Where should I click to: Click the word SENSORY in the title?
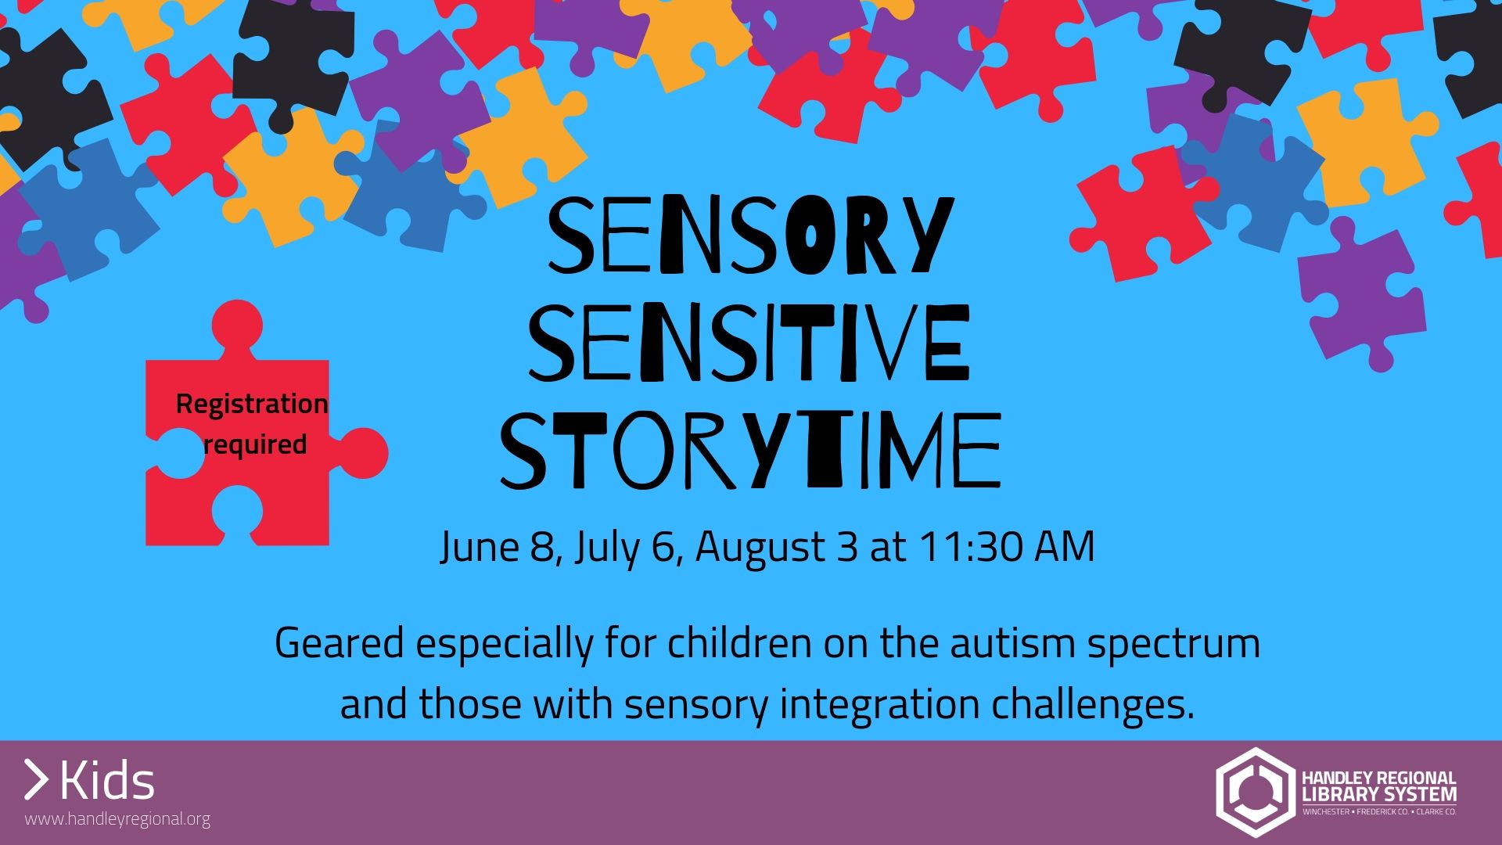click(749, 235)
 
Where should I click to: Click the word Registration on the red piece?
click(252, 405)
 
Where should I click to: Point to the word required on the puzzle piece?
click(255, 444)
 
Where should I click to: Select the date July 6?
click(623, 547)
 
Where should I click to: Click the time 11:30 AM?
click(1006, 547)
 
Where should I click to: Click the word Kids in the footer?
click(107, 781)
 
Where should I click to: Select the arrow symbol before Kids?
click(36, 780)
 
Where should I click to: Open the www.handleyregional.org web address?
click(117, 820)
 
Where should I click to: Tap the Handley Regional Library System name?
click(1378, 787)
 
